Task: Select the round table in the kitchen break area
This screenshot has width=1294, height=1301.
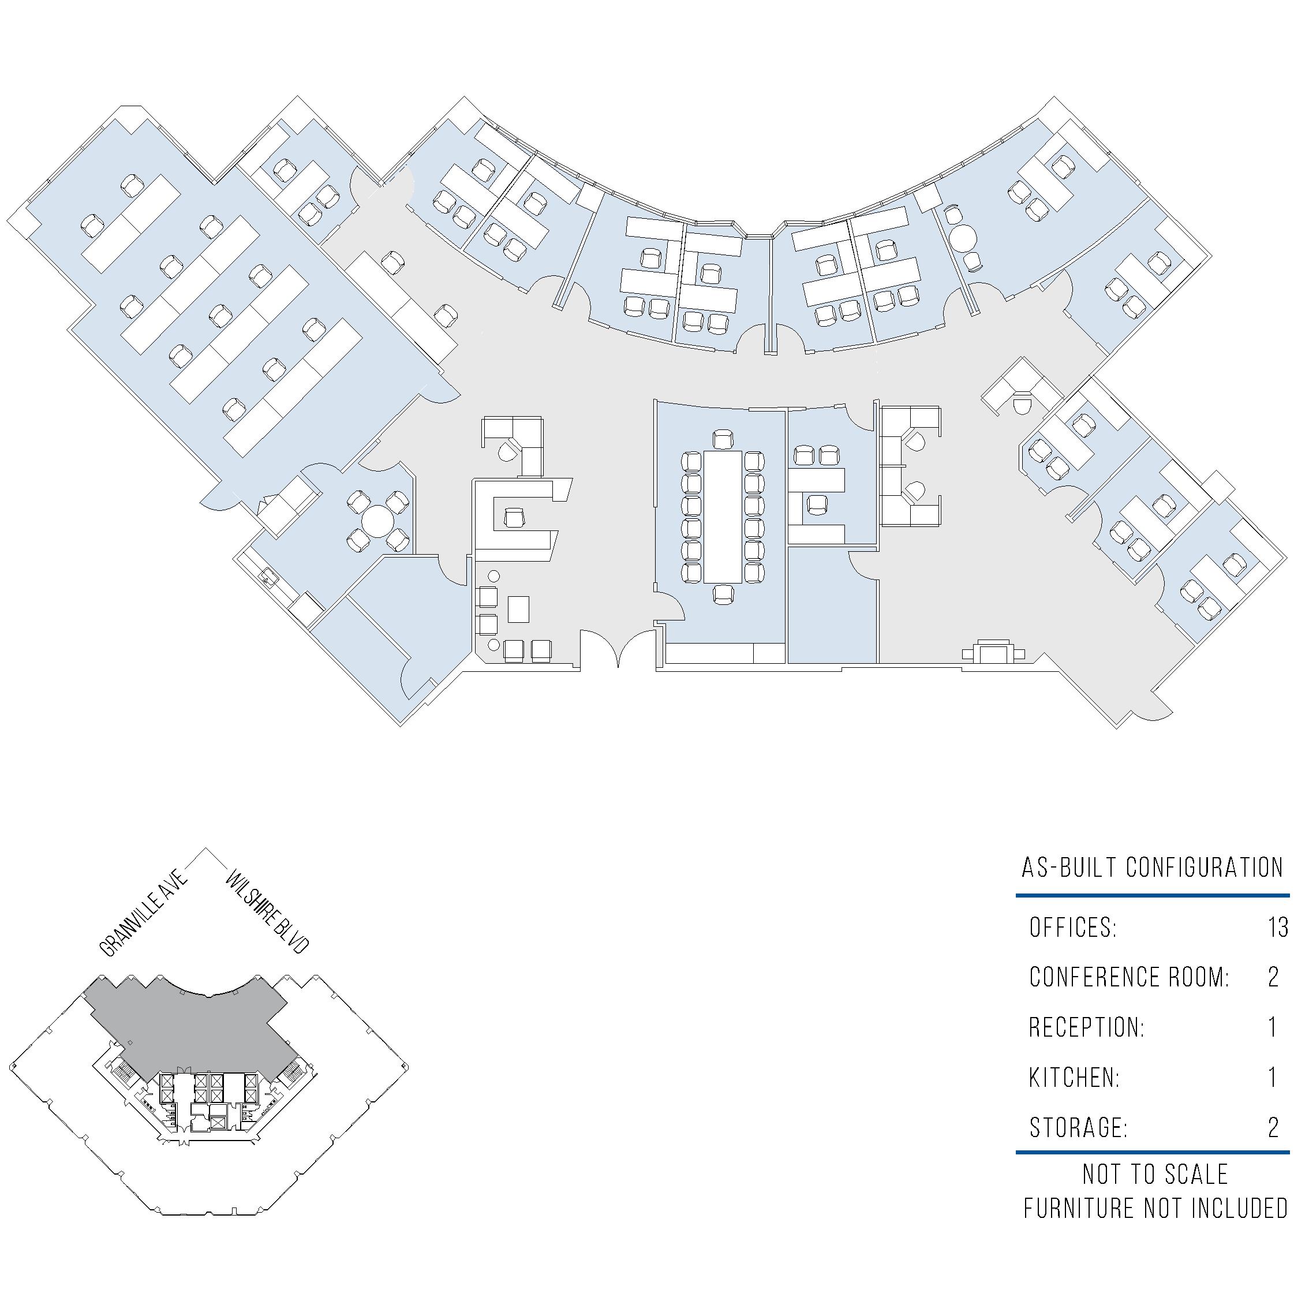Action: pyautogui.click(x=377, y=521)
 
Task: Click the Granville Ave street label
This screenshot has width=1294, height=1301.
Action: pyautogui.click(x=143, y=914)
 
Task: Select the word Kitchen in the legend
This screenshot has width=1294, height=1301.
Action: pyautogui.click(x=1074, y=1078)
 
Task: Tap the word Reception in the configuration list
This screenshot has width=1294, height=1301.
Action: pyautogui.click(x=1086, y=1027)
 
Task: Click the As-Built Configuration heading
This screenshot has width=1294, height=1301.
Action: pyautogui.click(x=1152, y=868)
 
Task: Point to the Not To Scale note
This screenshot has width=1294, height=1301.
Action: pyautogui.click(x=1155, y=1175)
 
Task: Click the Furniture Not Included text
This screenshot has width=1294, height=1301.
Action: pyautogui.click(x=1155, y=1209)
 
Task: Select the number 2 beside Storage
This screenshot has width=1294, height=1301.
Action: pyautogui.click(x=1273, y=1127)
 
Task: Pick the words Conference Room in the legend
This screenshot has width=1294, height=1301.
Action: pyautogui.click(x=1129, y=977)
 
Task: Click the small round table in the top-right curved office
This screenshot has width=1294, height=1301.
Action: pyautogui.click(x=966, y=237)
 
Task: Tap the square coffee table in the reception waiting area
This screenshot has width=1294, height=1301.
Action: pyautogui.click(x=518, y=609)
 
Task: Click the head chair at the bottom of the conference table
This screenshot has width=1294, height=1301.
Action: pyautogui.click(x=723, y=595)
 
